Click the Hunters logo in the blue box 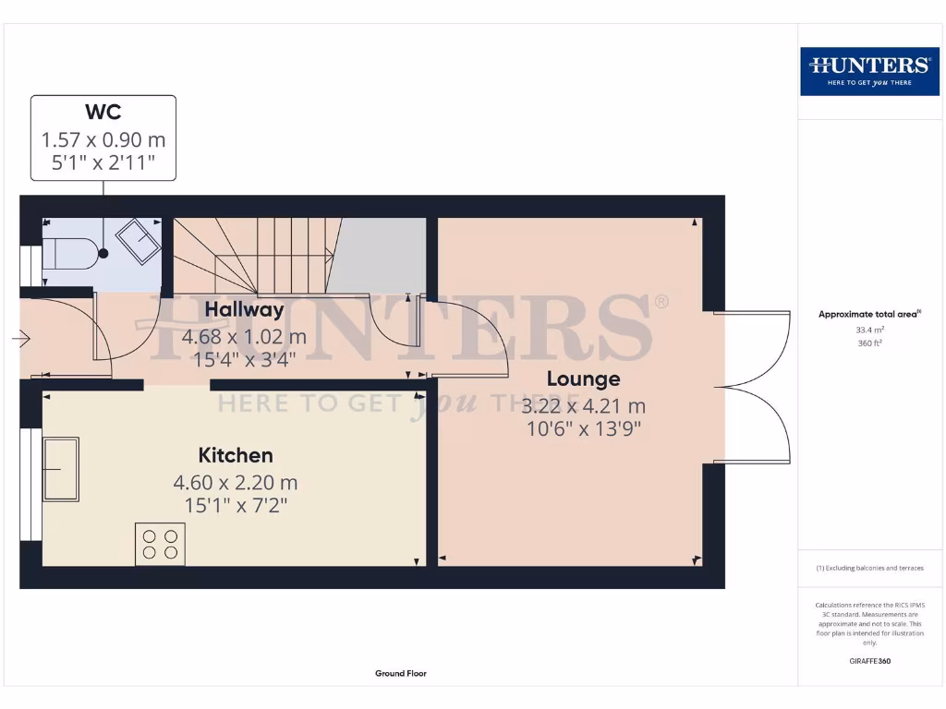tap(868, 70)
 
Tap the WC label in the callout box tap(103, 113)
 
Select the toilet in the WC tap(72, 252)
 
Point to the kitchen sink tap(61, 469)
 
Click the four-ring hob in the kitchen tap(160, 544)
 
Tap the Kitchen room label tap(236, 455)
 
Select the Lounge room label tap(583, 379)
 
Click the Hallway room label tap(244, 309)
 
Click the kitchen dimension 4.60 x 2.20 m tap(236, 482)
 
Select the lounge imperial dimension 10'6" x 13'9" tap(583, 428)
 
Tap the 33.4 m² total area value tap(869, 329)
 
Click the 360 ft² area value tap(869, 342)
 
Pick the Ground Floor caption tap(401, 674)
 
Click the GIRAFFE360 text tap(869, 661)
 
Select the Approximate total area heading tap(869, 315)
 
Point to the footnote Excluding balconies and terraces tap(869, 568)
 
